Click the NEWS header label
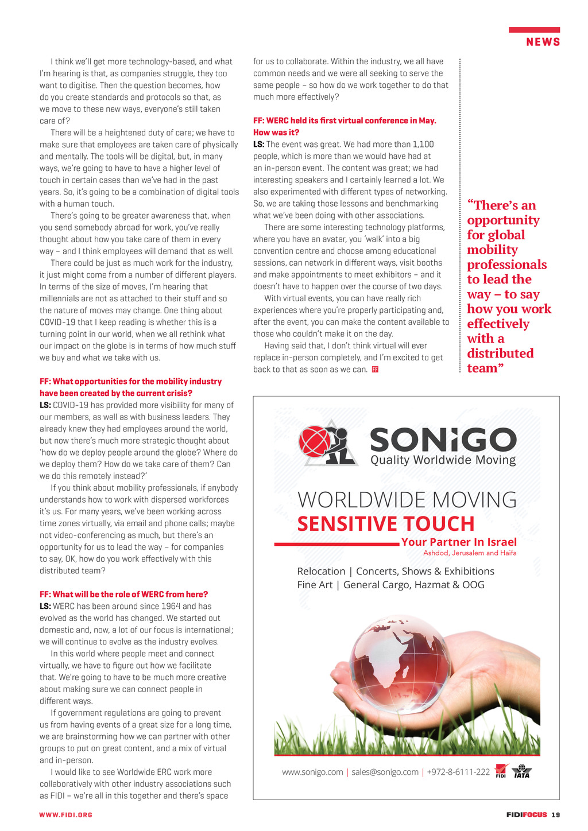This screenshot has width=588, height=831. [543, 42]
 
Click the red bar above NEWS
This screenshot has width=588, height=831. [534, 29]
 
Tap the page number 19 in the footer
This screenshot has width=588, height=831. [556, 815]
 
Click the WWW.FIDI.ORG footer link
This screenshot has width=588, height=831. [65, 815]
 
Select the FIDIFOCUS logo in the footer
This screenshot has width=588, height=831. [527, 815]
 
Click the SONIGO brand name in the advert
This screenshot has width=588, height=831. [443, 440]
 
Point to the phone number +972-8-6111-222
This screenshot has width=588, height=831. [458, 772]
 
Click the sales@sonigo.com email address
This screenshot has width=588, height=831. [385, 772]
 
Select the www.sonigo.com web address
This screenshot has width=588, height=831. [312, 772]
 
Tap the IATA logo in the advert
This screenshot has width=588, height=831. [521, 772]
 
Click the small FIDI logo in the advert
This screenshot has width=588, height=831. [501, 771]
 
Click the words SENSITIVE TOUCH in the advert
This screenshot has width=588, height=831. [386, 524]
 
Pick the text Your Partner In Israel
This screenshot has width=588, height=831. [459, 542]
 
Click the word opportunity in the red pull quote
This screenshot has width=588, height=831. [503, 220]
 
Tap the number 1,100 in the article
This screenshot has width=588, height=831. [423, 144]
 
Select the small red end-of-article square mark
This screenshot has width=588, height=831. [375, 370]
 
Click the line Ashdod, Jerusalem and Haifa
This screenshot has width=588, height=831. [470, 553]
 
